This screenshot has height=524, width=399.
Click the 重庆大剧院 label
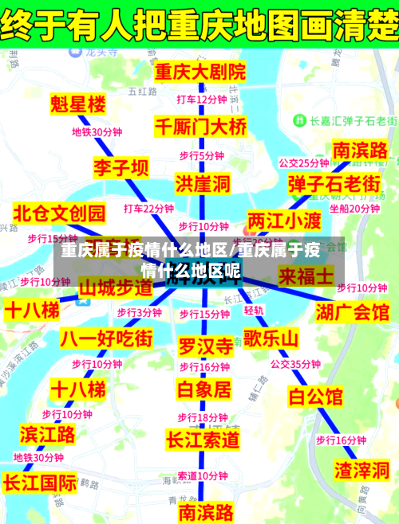(201, 72)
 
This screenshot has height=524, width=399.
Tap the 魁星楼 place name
(77, 104)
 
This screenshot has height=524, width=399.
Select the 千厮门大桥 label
(201, 126)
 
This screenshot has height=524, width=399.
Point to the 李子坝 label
(120, 168)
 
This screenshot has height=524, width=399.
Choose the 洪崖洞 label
(203, 185)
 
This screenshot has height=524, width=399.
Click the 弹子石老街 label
(334, 184)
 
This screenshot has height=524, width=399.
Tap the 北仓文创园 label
(60, 213)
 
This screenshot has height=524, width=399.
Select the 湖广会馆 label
(353, 311)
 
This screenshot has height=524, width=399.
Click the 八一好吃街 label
(106, 338)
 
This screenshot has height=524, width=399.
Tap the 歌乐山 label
(271, 339)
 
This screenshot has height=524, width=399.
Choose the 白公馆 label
(315, 395)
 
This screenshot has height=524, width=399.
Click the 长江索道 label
(203, 439)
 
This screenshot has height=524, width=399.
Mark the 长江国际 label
(40, 483)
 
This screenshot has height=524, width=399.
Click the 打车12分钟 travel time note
(201, 100)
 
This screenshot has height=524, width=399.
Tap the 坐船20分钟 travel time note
(354, 209)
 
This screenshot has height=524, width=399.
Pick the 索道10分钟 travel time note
(203, 475)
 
